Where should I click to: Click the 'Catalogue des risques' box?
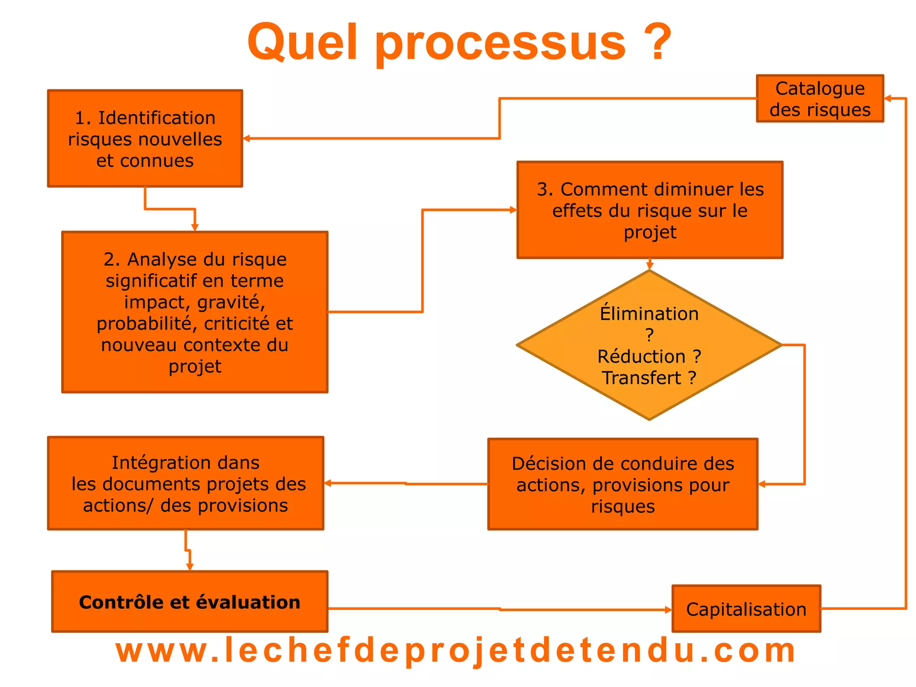point(820,99)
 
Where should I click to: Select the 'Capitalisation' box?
point(746,609)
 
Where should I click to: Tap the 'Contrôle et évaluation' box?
point(190,602)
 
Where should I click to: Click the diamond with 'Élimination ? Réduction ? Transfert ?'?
point(649,345)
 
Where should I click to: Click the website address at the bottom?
point(455,651)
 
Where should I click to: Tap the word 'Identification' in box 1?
point(157,118)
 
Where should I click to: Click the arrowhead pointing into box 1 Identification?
point(246,139)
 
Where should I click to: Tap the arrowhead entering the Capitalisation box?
point(669,610)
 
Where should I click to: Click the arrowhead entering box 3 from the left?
point(513,210)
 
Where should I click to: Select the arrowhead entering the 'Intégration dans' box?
point(327,483)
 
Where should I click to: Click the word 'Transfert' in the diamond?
point(641,378)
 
